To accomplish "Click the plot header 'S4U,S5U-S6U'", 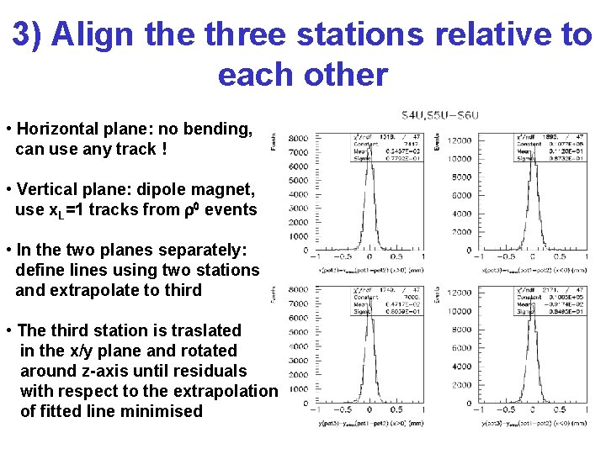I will (x=439, y=114).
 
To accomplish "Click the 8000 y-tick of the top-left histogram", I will (x=297, y=138).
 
